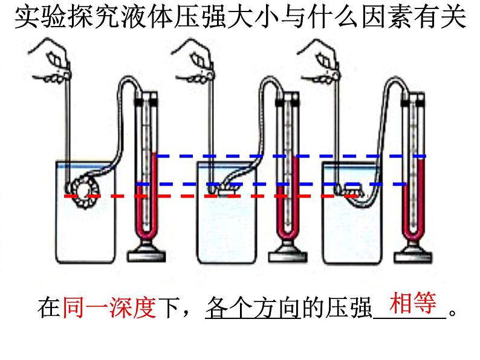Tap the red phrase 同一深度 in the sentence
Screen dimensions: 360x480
tap(109, 309)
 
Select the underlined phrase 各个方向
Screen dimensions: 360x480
tap(253, 309)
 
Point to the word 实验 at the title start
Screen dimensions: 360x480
tap(36, 19)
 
